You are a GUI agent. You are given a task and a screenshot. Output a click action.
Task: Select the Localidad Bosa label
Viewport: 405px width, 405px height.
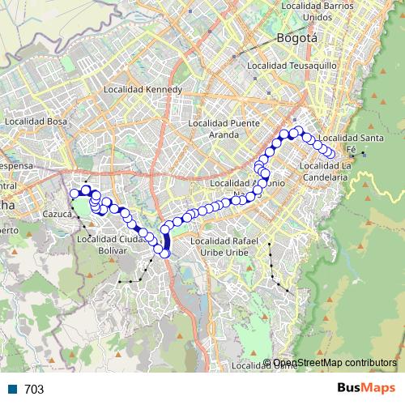click(x=35, y=122)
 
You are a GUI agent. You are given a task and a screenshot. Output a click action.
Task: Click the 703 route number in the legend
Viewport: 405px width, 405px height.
click(x=34, y=390)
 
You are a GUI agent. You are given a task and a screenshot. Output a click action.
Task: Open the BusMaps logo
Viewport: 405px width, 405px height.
click(x=366, y=388)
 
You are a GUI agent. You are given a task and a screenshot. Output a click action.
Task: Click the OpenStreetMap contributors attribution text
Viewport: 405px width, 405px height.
click(x=335, y=364)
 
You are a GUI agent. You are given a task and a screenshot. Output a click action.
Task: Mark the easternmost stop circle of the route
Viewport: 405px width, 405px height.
click(x=331, y=155)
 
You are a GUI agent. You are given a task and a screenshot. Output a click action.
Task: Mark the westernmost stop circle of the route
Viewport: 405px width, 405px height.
click(x=75, y=193)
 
